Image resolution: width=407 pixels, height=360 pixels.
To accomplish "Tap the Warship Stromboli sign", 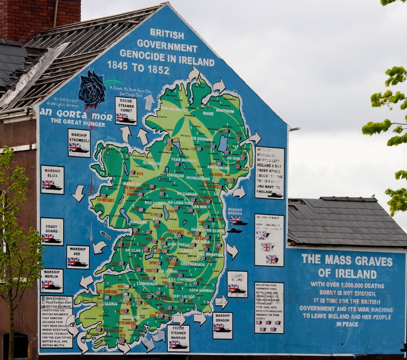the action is [x=79, y=143].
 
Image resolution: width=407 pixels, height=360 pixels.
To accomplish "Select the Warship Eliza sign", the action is [x=52, y=179].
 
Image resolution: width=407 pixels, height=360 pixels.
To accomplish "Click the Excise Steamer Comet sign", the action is [x=126, y=111].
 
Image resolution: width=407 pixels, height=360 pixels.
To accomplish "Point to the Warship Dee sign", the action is [x=78, y=257].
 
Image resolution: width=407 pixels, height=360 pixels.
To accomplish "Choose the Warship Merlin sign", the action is [x=52, y=281].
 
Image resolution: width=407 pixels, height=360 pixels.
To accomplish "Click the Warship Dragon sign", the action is [x=222, y=325].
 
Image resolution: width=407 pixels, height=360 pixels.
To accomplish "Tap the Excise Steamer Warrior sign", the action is [x=178, y=338].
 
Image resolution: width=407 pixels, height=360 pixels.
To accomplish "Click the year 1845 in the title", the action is [x=117, y=66].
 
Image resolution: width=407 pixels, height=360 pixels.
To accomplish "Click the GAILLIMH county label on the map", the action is [x=138, y=222].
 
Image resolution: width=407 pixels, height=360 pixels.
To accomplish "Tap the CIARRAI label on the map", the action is [x=110, y=304].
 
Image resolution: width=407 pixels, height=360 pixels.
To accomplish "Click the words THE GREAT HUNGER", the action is [x=78, y=125].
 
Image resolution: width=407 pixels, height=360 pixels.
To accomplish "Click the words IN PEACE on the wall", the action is [x=347, y=324].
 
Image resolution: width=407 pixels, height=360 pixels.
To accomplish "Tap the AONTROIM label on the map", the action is [x=225, y=111].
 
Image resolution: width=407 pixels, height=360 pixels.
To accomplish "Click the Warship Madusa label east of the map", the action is [x=235, y=212].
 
